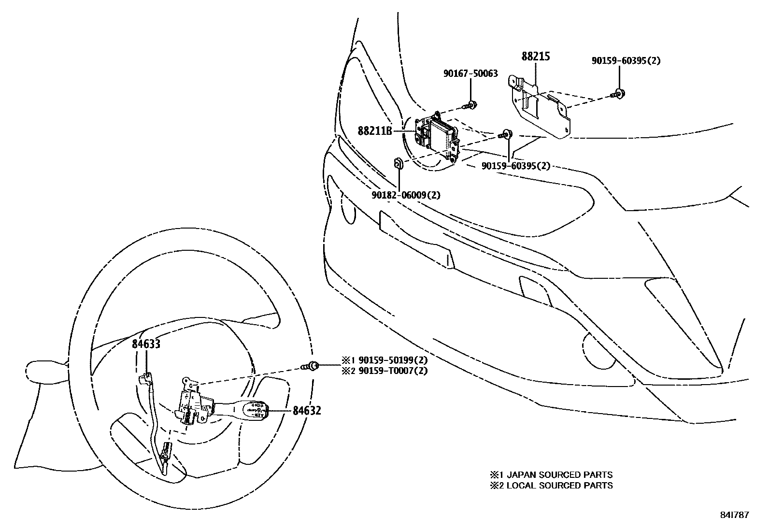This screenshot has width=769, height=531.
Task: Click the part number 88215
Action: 536,56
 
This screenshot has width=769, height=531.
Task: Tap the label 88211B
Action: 374,130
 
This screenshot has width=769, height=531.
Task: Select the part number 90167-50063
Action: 470,74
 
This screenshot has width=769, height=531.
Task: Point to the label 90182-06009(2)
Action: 406,195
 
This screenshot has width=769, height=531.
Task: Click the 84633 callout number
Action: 146,344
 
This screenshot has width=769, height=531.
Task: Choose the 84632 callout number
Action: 307,411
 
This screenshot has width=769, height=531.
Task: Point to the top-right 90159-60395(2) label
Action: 626,61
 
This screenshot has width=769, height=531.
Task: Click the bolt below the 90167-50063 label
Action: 471,104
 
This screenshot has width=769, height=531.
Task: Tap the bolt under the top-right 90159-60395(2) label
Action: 618,94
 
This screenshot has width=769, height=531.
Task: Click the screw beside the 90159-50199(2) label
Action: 312,366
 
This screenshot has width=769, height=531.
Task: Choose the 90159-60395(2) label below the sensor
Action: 516,166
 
